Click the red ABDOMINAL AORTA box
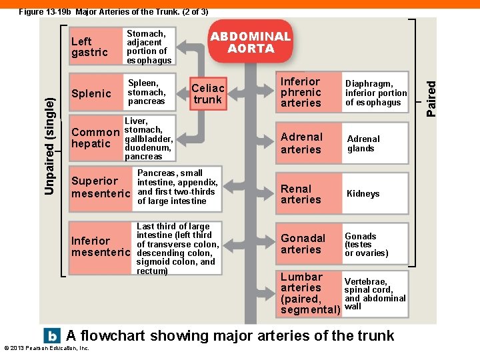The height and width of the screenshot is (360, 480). pos(251,42)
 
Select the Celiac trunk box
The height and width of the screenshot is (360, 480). pos(208,94)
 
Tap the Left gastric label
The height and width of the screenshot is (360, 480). pos(89,47)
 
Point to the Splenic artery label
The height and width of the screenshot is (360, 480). pos(91,94)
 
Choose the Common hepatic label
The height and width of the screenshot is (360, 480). pos(95,138)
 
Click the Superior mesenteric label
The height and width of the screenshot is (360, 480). pos(101,187)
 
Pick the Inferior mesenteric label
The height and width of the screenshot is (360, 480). pos(101,247)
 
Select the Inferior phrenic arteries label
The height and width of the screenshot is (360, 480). pos(301,93)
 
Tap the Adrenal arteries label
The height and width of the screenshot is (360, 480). pos(301,143)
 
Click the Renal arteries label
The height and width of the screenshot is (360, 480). pos(301,194)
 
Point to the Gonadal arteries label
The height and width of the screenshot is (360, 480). pos(303,244)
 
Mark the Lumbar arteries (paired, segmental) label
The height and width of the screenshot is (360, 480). pos(310,293)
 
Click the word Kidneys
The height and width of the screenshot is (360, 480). pos(363,194)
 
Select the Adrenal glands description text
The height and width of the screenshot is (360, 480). pos(363,144)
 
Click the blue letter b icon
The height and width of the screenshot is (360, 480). pos(51,335)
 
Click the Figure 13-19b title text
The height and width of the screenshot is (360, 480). pos(113,11)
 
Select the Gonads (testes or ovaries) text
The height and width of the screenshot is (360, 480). pos(366,245)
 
